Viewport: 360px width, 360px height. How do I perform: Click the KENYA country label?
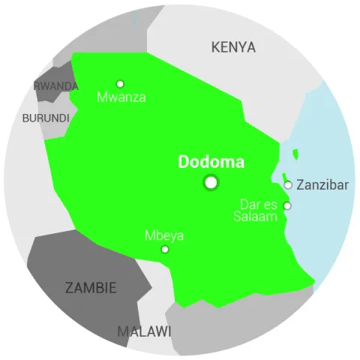(x=233, y=48)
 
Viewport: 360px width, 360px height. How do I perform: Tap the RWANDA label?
(x=56, y=86)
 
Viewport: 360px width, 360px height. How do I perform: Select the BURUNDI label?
(x=46, y=118)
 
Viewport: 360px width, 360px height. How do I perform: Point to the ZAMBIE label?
(x=91, y=288)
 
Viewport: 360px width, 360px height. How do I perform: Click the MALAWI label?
(x=144, y=331)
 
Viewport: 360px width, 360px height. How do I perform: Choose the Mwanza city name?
(x=121, y=97)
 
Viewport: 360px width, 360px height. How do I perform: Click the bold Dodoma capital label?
(x=211, y=162)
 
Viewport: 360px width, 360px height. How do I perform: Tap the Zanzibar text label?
(x=322, y=184)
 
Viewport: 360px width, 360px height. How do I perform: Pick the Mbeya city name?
(x=163, y=235)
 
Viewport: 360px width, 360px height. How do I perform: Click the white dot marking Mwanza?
(x=120, y=84)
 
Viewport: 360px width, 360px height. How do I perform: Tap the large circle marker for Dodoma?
(x=211, y=182)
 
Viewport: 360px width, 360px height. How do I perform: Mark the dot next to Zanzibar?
(x=288, y=185)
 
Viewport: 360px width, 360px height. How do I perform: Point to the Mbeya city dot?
(x=165, y=249)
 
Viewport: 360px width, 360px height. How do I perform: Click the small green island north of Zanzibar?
(x=295, y=154)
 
